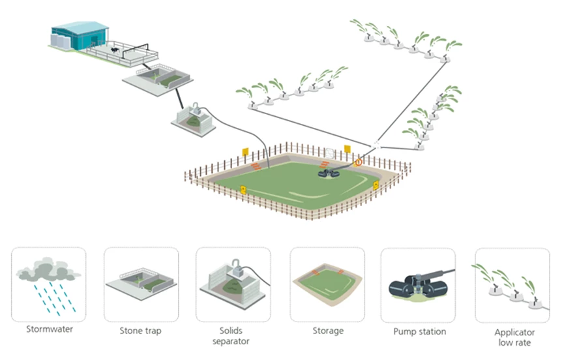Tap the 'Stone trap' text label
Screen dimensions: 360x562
141,331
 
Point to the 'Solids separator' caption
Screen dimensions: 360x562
233,336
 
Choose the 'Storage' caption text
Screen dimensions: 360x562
327,331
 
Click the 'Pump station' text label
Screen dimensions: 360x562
419,331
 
